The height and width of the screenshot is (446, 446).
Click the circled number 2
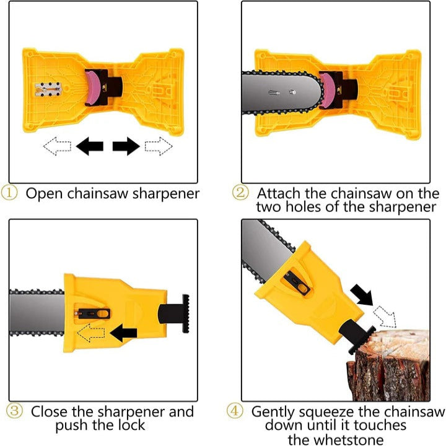[x=241, y=193]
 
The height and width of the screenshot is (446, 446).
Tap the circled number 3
[x=15, y=411]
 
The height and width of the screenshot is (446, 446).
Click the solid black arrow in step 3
[x=125, y=333]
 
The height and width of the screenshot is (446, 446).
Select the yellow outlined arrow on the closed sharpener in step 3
[x=93, y=333]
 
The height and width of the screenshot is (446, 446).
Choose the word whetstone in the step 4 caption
[x=354, y=439]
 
